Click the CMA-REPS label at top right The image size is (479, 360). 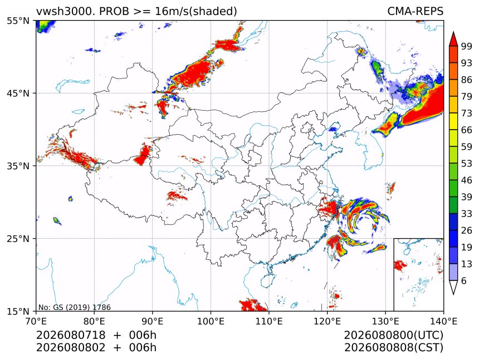tap(415, 11)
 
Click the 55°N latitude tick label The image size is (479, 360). tap(18, 21)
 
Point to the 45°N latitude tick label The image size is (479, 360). tap(18, 93)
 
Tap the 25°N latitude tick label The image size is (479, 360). tap(18, 238)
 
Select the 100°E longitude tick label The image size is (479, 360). tap(211, 321)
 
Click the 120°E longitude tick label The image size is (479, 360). tap(327, 321)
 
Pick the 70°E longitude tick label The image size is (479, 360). tap(36, 321)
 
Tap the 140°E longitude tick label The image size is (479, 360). tap(443, 321)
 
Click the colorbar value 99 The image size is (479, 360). tap(467, 46)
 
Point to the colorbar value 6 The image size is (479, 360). tap(464, 280)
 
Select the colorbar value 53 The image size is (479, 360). tap(467, 164)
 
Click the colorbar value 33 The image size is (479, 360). tap(467, 214)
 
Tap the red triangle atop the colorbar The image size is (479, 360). tap(453, 40)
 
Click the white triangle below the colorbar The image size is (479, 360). tap(453, 287)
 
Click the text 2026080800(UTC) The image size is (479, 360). tap(393, 335)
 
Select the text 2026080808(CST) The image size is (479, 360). tap(393, 348)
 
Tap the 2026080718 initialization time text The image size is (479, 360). tap(71, 335)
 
